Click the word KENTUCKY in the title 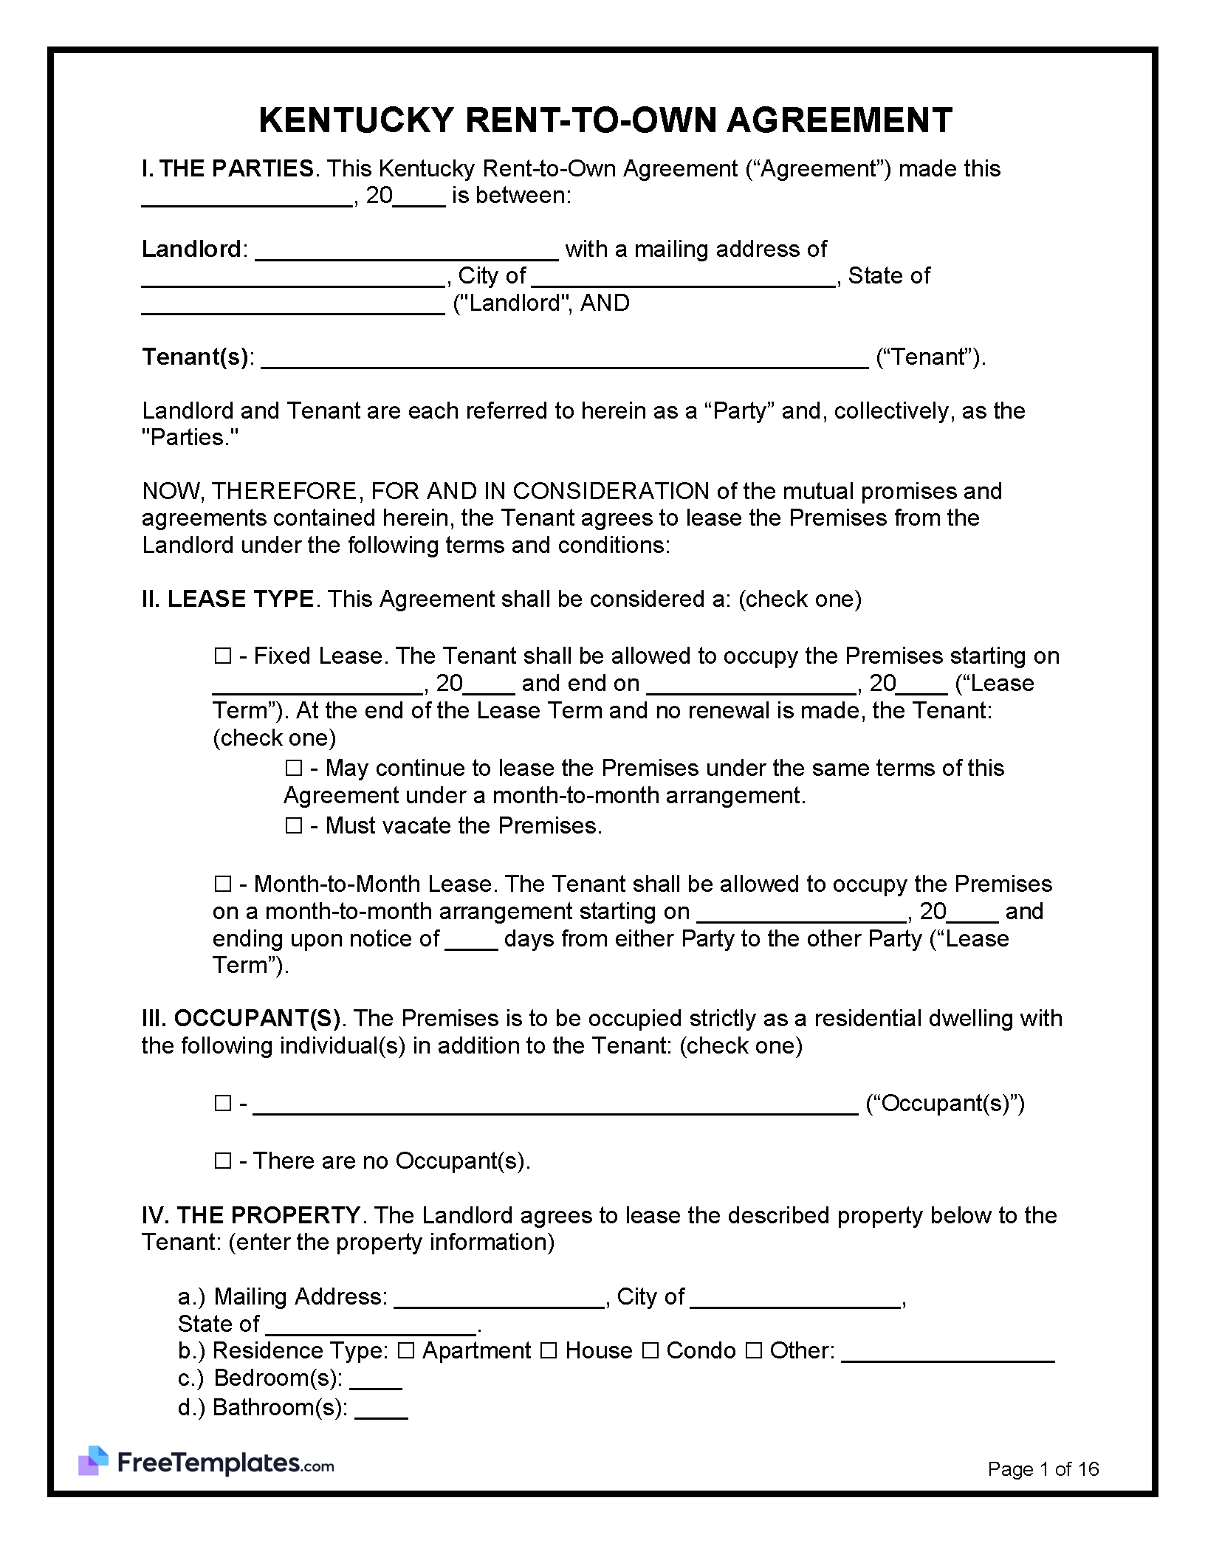(x=356, y=120)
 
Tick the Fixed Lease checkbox (x=222, y=656)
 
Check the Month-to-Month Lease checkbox (x=222, y=884)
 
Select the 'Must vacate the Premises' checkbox (x=294, y=825)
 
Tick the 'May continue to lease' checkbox (x=294, y=769)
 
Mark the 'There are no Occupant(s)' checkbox (x=222, y=1161)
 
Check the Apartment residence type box (x=406, y=1351)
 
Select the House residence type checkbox (x=549, y=1351)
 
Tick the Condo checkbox (x=650, y=1351)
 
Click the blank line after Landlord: (x=406, y=251)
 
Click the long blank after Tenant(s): (x=565, y=359)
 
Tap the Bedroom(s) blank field (x=375, y=1379)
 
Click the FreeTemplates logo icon (x=93, y=1460)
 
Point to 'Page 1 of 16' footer (x=1043, y=1469)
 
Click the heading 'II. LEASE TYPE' (x=227, y=599)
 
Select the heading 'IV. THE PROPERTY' (x=250, y=1215)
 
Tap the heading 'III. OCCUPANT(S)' (x=241, y=1019)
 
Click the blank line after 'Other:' (x=947, y=1353)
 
